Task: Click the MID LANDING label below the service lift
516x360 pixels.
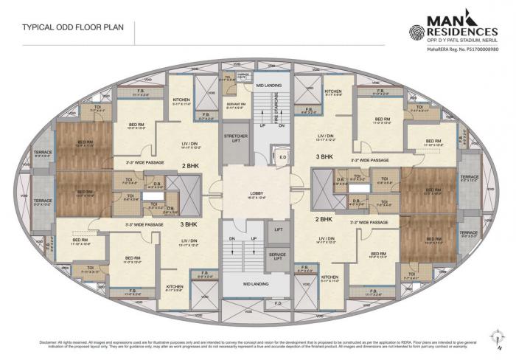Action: pos(257,283)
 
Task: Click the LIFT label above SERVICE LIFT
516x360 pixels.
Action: pos(278,231)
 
